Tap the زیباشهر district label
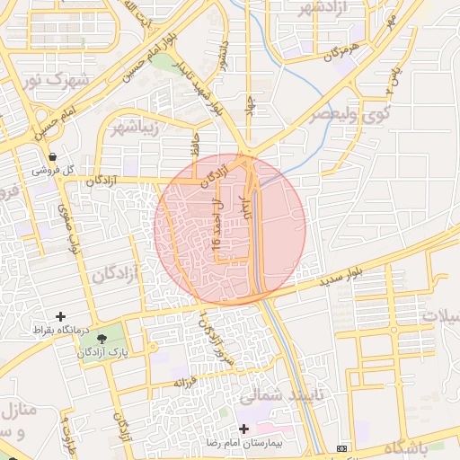click(133, 128)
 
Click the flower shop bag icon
click(53, 155)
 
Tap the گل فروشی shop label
click(53, 170)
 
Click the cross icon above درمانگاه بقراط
click(60, 316)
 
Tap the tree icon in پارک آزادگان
click(101, 340)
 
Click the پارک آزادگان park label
click(100, 353)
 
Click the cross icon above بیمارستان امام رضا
click(243, 429)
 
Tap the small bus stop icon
click(341, 447)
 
